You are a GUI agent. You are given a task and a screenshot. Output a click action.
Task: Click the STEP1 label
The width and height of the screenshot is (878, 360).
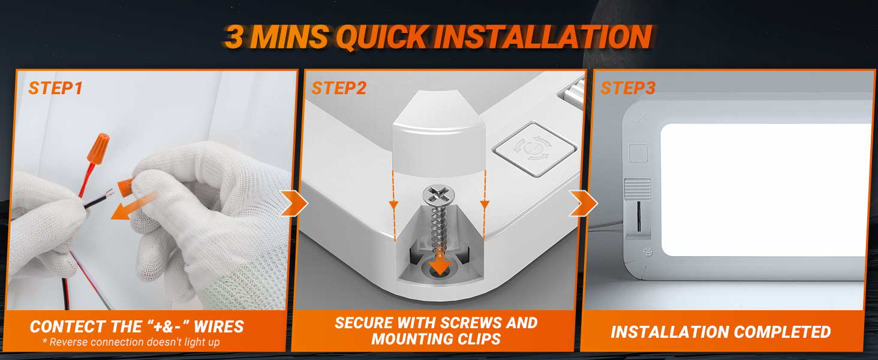tap(55, 88)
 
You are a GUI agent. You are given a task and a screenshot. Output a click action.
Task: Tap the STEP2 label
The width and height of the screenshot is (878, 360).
tap(339, 88)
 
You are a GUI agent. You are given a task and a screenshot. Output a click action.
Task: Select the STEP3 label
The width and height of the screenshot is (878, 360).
tap(628, 88)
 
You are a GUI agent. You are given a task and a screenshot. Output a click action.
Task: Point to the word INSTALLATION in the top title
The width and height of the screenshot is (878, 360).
tap(543, 37)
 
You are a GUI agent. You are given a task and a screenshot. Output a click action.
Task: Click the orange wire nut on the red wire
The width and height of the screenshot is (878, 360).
tap(98, 148)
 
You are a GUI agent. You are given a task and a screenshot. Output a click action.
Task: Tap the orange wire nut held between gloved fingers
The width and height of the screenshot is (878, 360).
tap(126, 187)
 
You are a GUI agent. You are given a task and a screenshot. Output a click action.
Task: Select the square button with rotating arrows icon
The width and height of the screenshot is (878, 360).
tap(534, 149)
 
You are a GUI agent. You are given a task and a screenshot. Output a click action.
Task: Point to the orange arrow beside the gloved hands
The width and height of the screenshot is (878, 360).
tap(134, 206)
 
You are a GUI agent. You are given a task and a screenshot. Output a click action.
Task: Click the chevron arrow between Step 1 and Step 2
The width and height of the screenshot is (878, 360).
tap(294, 203)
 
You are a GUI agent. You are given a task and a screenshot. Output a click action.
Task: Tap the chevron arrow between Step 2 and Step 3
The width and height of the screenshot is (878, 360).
tap(583, 203)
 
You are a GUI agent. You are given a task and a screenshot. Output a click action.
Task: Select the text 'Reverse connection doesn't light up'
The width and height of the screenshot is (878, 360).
tap(134, 343)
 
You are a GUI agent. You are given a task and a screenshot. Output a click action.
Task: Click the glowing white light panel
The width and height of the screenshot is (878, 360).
tap(763, 190)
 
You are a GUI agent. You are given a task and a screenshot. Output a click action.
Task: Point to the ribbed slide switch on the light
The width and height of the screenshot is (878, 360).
tap(638, 190)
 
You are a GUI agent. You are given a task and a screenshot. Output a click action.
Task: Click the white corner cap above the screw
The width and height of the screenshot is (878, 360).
tap(439, 133)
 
